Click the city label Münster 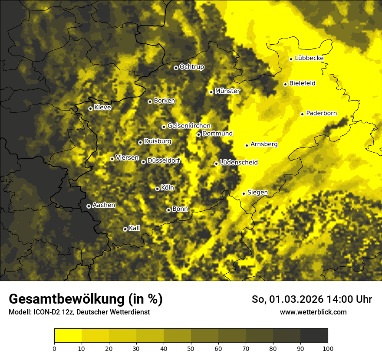[227, 91]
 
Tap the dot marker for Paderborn [302, 114]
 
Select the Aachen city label [104, 205]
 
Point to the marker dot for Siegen [244, 193]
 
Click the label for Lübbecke [309, 58]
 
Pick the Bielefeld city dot [285, 84]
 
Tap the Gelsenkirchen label [189, 126]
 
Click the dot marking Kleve [90, 108]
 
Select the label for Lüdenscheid [239, 163]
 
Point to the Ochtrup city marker [176, 68]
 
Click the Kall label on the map [135, 228]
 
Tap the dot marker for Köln [157, 189]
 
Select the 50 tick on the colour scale [191, 348]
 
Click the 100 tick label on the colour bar [328, 348]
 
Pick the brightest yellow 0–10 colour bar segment [68, 335]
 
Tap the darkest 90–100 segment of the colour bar [314, 335]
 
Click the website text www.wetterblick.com [313, 312]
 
